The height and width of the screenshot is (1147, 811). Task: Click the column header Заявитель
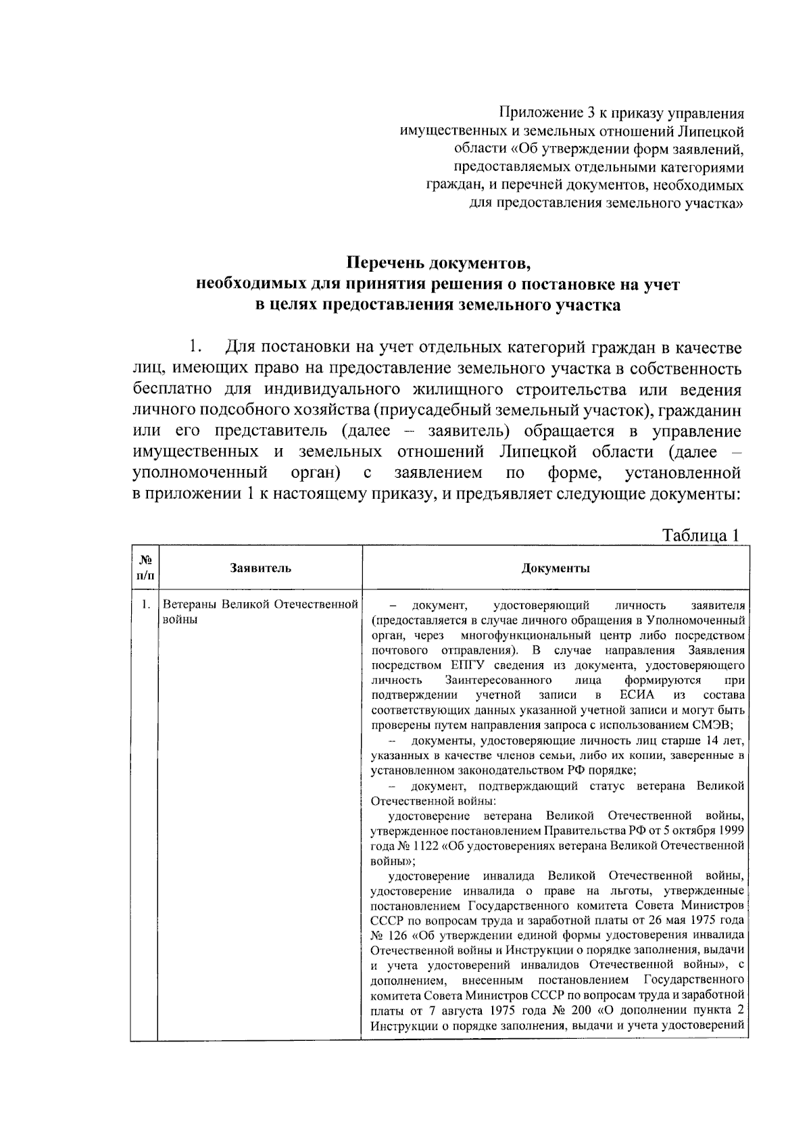(x=260, y=568)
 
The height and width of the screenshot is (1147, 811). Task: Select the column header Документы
(x=556, y=568)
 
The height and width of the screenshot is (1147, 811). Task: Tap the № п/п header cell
(x=145, y=568)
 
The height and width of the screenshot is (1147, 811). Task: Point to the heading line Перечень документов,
(x=437, y=262)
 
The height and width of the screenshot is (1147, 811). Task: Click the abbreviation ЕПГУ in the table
(x=464, y=665)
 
